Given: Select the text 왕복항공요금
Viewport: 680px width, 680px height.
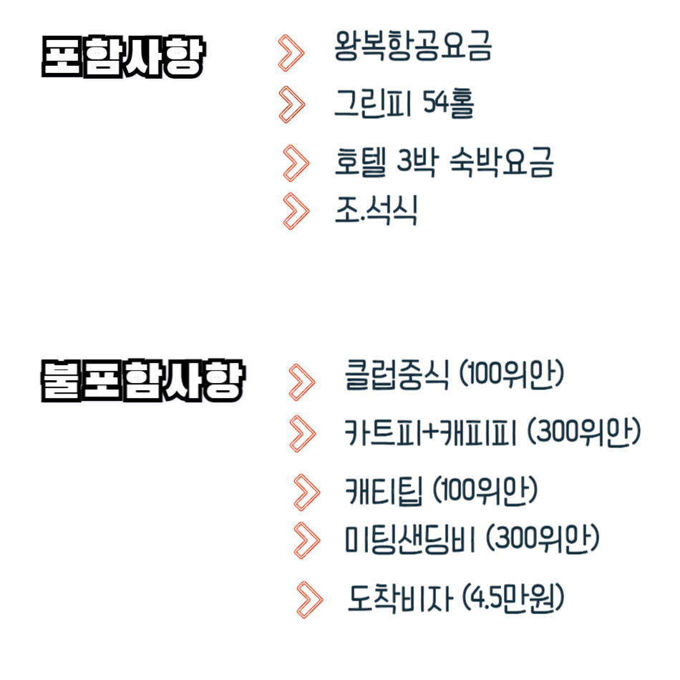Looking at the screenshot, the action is (x=413, y=48).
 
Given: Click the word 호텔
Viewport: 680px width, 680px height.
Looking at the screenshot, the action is (x=360, y=162).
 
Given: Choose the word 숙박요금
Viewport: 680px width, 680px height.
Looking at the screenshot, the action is (x=502, y=162).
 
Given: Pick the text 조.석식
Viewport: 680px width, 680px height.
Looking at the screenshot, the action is (x=376, y=210).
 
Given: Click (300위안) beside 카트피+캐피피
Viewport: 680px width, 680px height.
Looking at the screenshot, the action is (x=584, y=432).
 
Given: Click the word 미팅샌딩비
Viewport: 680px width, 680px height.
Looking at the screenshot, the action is (x=409, y=539).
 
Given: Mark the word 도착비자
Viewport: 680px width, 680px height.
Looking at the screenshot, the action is (x=401, y=598).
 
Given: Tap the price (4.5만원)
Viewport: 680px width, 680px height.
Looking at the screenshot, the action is (x=513, y=598).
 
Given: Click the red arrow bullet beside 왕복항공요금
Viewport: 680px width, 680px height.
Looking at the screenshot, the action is (x=291, y=52).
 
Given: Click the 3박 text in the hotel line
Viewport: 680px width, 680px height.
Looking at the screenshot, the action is (x=417, y=162).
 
